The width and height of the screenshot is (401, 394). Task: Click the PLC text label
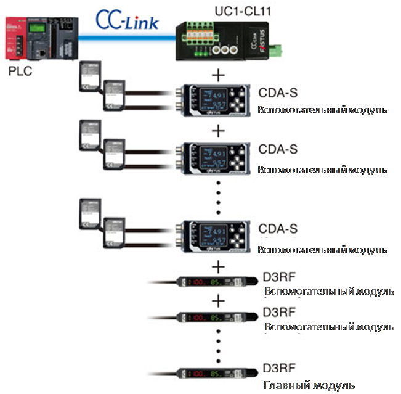point(20,70)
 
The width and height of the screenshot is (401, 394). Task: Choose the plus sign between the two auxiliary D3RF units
point(217,300)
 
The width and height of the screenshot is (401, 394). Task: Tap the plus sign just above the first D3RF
point(217,267)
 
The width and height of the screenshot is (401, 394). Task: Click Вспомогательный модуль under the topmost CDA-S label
point(323,110)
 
